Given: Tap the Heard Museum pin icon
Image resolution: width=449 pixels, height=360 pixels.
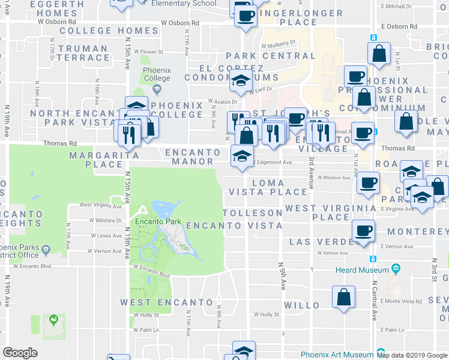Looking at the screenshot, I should click(x=396, y=268).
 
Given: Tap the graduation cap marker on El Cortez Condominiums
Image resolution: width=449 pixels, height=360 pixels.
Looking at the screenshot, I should click(x=241, y=80).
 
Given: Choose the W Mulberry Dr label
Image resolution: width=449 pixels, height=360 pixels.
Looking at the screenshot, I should click(x=279, y=43).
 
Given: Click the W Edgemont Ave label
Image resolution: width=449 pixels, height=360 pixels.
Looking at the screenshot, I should click(x=271, y=162).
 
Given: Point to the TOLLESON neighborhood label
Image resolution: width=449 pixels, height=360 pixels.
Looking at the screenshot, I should click(x=252, y=213).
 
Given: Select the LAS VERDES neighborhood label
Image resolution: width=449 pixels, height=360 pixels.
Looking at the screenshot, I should click(x=325, y=241).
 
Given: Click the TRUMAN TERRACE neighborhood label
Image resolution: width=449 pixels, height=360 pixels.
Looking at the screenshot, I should click(x=83, y=53).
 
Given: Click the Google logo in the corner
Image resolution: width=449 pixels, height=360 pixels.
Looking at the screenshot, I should click(x=20, y=352).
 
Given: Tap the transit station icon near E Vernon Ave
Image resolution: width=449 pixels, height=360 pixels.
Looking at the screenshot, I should click(x=373, y=259).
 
